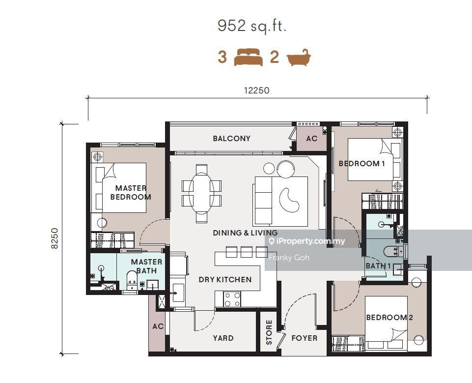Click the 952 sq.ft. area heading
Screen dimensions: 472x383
click(251, 26)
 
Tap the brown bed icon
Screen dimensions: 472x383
click(249, 57)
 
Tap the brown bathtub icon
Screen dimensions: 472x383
click(298, 57)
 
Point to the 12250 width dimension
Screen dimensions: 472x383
click(256, 90)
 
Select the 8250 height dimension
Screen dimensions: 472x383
click(55, 238)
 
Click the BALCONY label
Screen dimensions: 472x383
click(231, 138)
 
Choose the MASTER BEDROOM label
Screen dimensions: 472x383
click(131, 192)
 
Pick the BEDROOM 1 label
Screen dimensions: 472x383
click(361, 164)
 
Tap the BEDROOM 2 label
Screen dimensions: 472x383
click(389, 317)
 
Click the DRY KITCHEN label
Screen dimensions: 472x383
click(225, 280)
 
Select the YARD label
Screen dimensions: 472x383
click(223, 338)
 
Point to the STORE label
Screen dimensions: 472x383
click(269, 332)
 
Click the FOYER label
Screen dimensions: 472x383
click(305, 338)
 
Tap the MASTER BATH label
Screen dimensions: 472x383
click(146, 266)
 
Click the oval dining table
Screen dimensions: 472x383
click(201, 193)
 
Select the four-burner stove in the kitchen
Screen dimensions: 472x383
click(232, 299)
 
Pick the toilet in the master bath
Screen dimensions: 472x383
click(132, 280)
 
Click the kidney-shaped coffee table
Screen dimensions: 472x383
click(289, 200)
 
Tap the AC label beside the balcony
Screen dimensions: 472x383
click(311, 139)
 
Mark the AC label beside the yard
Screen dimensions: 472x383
click(158, 326)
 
